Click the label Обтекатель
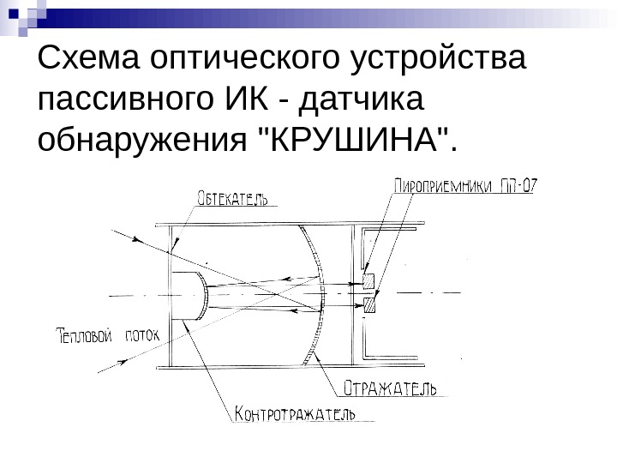[x=232, y=199]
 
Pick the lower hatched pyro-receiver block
[x=370, y=304]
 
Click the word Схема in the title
[x=91, y=61]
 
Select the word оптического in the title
[x=247, y=61]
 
